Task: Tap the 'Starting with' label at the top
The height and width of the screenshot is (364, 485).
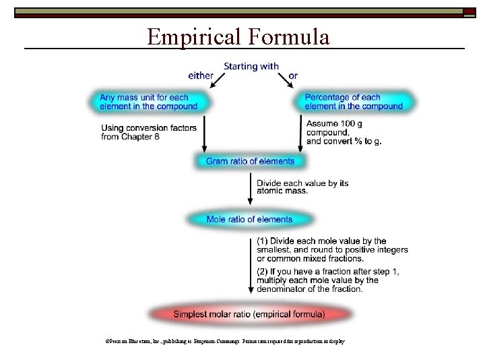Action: coord(251,66)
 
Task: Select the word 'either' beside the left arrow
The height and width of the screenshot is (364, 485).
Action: coord(201,75)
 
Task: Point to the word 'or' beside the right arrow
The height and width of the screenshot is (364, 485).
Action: coord(292,75)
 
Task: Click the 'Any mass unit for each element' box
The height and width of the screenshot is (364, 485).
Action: coord(148,102)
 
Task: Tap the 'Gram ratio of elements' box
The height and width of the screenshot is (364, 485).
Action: coord(250,161)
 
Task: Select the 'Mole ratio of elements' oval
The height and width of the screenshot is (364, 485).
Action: coord(249,219)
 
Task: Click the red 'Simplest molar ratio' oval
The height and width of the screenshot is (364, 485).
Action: coord(249,314)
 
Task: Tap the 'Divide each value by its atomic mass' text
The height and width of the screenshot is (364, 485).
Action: coord(302,187)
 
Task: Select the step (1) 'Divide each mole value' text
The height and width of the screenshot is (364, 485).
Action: coord(332,249)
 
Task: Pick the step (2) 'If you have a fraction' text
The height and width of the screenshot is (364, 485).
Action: coord(327,280)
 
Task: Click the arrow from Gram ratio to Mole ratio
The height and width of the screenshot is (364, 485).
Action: coord(250,189)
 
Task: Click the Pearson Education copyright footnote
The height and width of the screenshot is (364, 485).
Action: coord(221,342)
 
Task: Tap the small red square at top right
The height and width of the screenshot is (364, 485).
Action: coord(468,11)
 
